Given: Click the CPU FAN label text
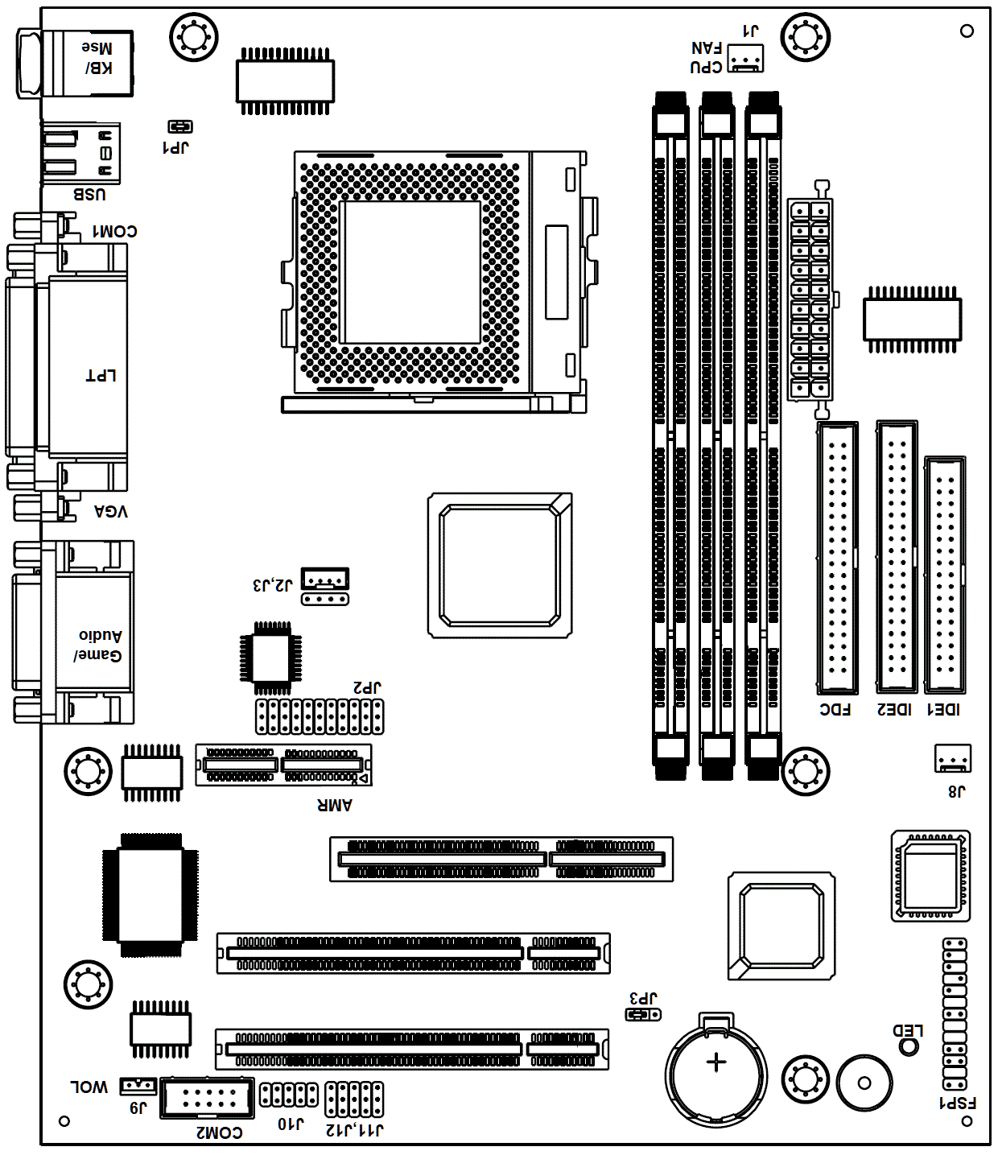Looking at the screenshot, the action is point(707,58).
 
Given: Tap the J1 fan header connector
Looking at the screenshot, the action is point(745,58).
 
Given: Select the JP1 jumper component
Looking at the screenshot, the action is point(180,127).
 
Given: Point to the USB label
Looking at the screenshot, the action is point(89,195).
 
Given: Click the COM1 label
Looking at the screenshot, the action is point(115,231).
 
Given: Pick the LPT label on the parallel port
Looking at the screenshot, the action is point(101,376).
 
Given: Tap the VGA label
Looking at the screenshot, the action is point(110,511).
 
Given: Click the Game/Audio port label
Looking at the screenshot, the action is point(98,646).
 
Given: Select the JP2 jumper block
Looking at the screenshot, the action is point(320,716).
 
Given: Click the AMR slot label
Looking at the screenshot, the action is point(335,805).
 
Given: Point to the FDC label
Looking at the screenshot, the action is point(835,710).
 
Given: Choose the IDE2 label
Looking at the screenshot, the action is point(894,710).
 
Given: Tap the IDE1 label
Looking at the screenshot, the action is point(943,710).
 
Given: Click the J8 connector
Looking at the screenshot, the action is point(953,758).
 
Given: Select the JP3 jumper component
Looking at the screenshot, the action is point(642,1015).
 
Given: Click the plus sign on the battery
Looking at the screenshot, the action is point(716,1062).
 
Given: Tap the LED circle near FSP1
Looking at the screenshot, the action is point(909,1046).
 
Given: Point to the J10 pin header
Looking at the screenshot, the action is point(288,1095).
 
